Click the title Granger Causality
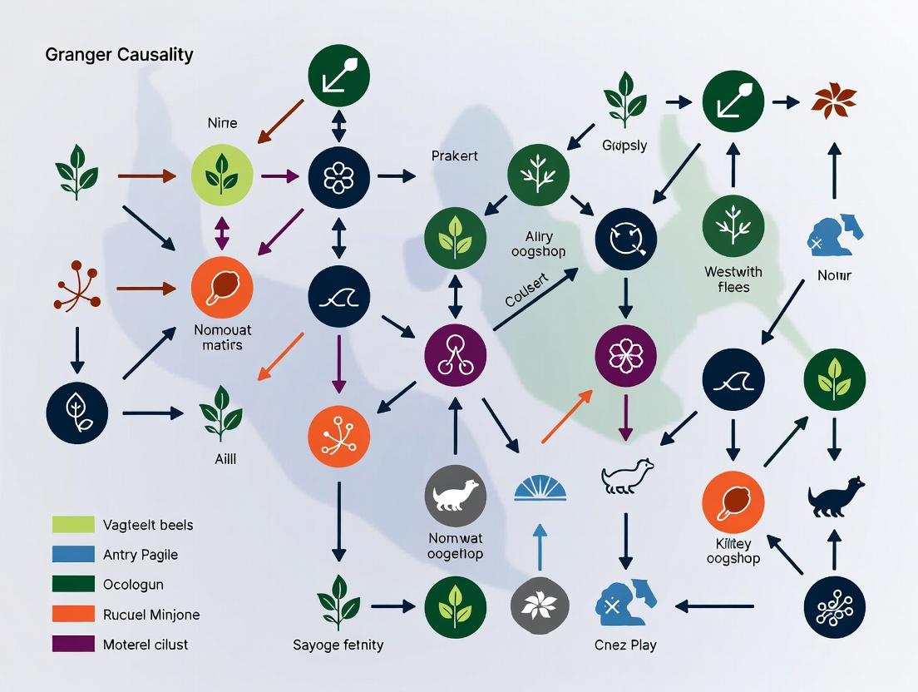tap(119, 55)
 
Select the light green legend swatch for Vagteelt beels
tap(73, 524)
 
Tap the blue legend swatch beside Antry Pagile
tap(73, 554)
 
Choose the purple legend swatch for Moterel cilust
tap(73, 644)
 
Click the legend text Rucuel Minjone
tap(151, 615)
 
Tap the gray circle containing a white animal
tap(456, 496)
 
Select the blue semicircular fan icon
tap(540, 487)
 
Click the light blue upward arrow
tap(540, 549)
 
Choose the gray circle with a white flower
tap(540, 606)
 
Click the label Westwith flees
tap(733, 279)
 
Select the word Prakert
tap(455, 156)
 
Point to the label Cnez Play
tap(625, 645)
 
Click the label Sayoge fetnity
tap(338, 645)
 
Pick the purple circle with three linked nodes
tap(456, 353)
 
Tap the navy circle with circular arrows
tap(626, 240)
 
